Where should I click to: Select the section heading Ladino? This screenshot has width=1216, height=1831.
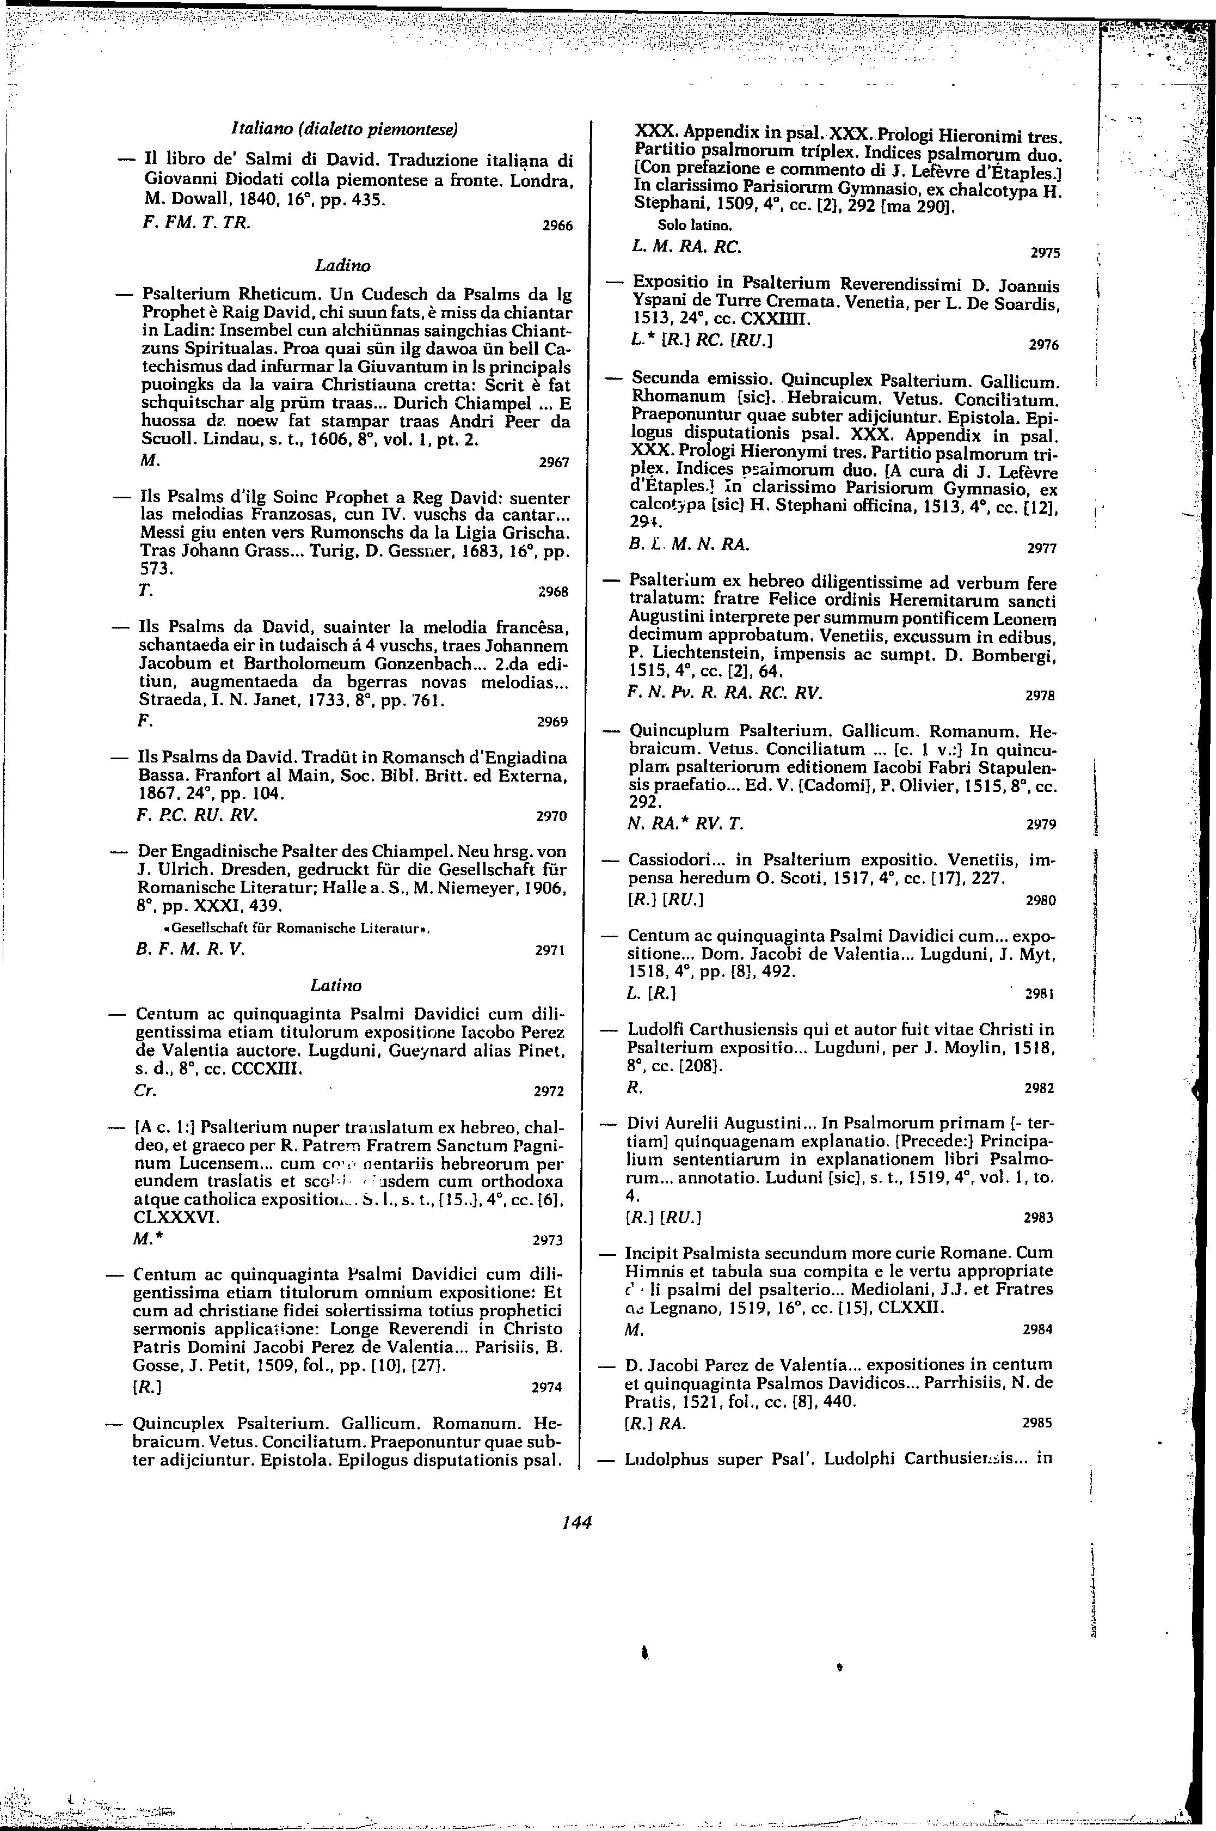343,265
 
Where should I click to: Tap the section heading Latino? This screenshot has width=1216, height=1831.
336,985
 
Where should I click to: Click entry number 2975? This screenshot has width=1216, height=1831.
1044,252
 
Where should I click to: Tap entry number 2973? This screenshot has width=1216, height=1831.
548,1240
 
